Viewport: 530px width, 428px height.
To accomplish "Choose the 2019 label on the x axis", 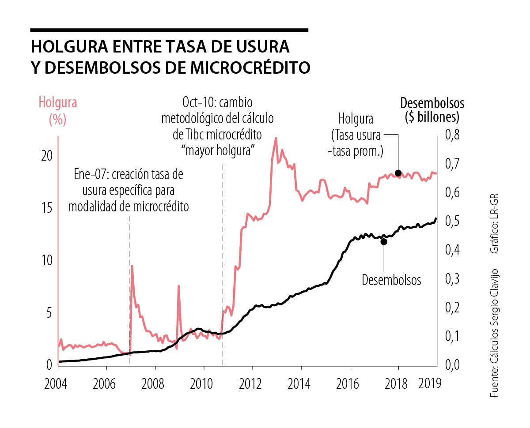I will point(430,384).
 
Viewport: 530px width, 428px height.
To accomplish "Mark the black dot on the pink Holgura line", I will point(398,173).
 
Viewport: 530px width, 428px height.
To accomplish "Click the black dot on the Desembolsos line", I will point(384,241).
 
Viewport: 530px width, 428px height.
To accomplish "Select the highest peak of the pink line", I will point(276,138).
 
